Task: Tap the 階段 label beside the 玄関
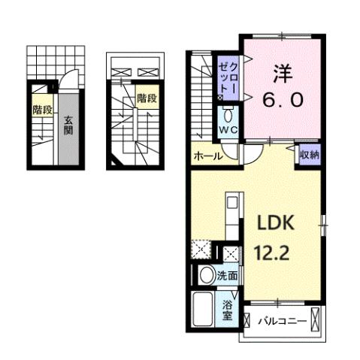pos(42,110)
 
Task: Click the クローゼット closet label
pos(228,78)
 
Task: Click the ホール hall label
pos(207,157)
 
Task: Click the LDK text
pos(278,225)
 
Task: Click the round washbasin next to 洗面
pos(206,276)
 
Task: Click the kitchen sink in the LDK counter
pos(231,204)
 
